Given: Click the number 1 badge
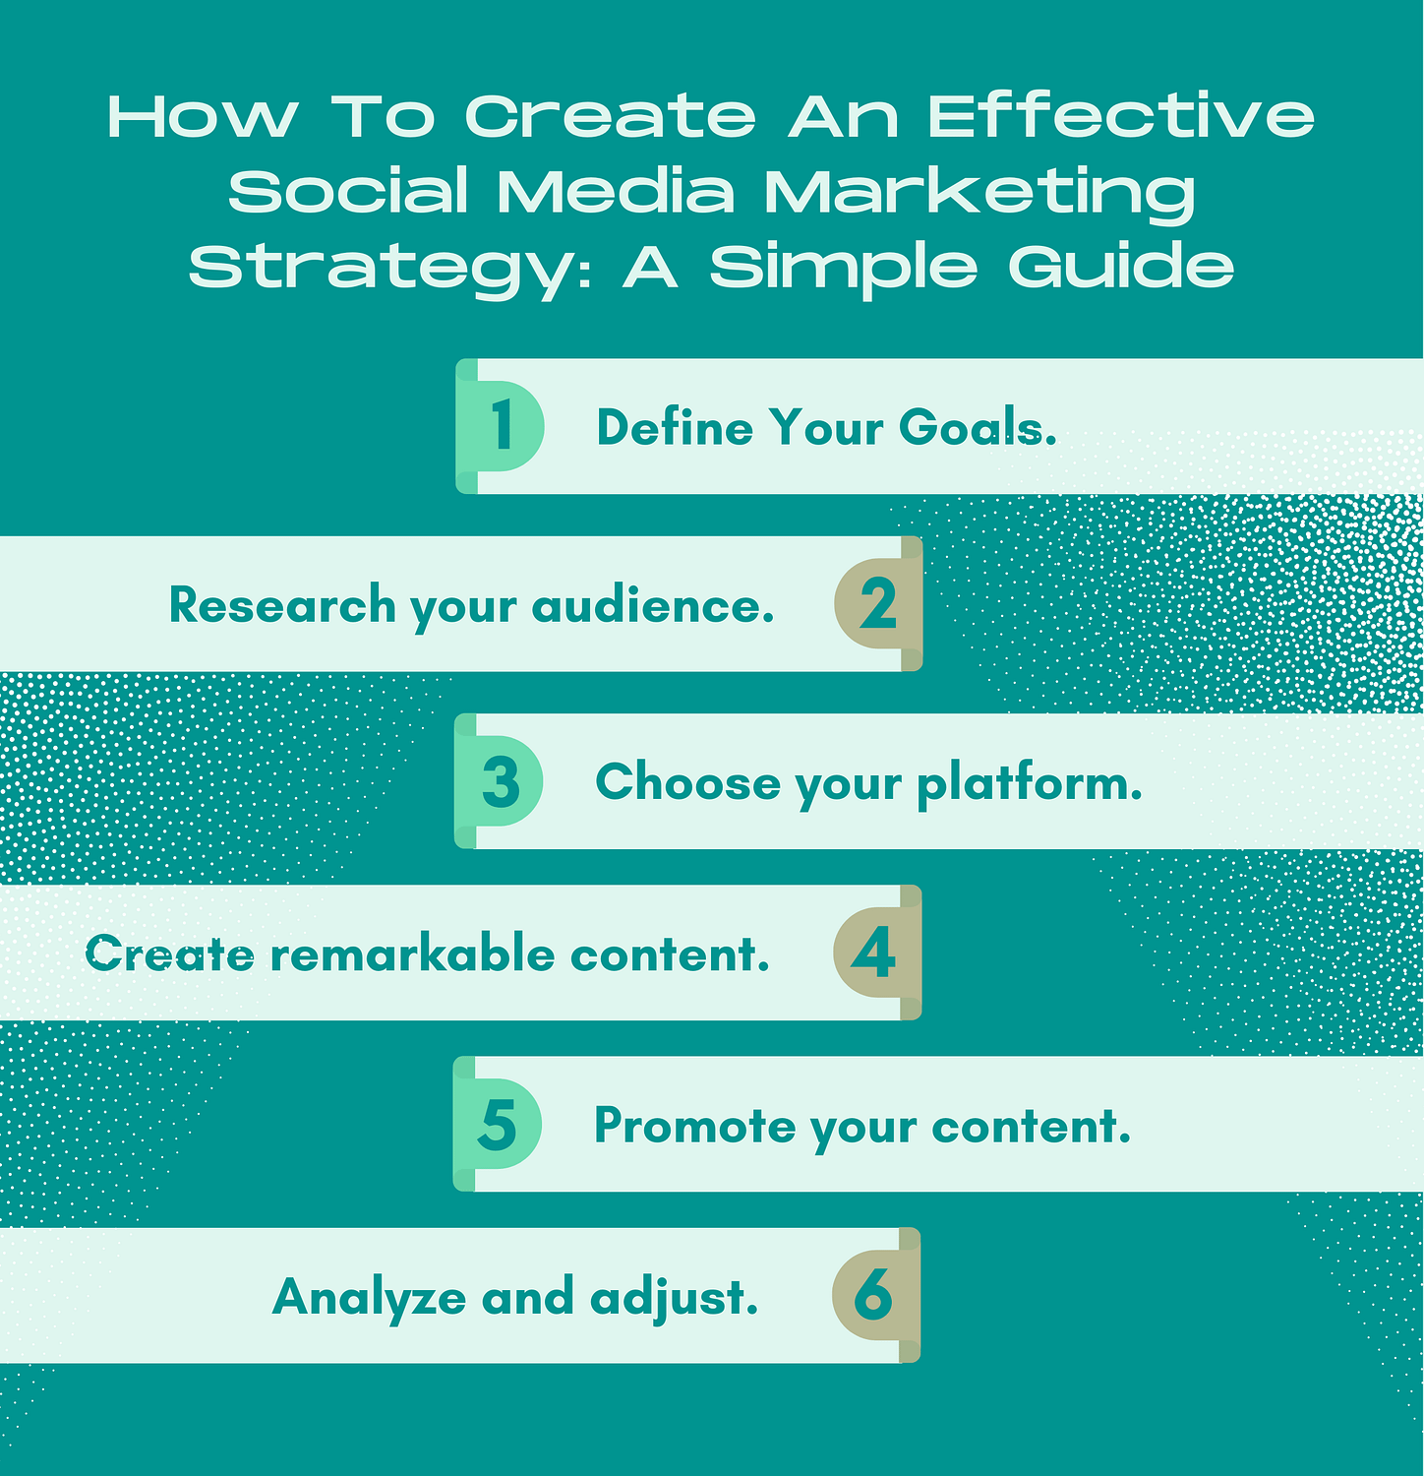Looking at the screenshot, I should (503, 426).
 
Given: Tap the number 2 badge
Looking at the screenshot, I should (877, 604).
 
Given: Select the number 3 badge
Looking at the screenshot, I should (502, 782).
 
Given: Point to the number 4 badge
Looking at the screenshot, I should (874, 953).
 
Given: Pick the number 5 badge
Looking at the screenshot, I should (498, 1125).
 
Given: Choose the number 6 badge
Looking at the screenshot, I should (873, 1295).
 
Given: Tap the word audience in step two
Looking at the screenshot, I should (652, 605).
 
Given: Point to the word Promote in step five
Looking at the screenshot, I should (694, 1126).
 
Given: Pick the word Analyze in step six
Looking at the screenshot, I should (369, 1298).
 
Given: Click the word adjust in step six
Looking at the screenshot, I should (674, 1298).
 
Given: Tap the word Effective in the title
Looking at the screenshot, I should (1121, 117).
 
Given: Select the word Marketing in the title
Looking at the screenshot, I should (979, 192).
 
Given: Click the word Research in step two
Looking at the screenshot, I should (282, 604).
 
